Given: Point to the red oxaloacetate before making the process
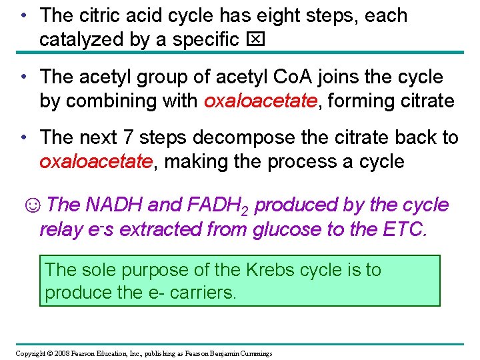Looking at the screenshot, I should click(95, 162).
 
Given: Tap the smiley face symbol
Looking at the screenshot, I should click(32, 205).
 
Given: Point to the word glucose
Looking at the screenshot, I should click(288, 229).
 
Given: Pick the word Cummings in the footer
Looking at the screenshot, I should click(253, 353).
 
